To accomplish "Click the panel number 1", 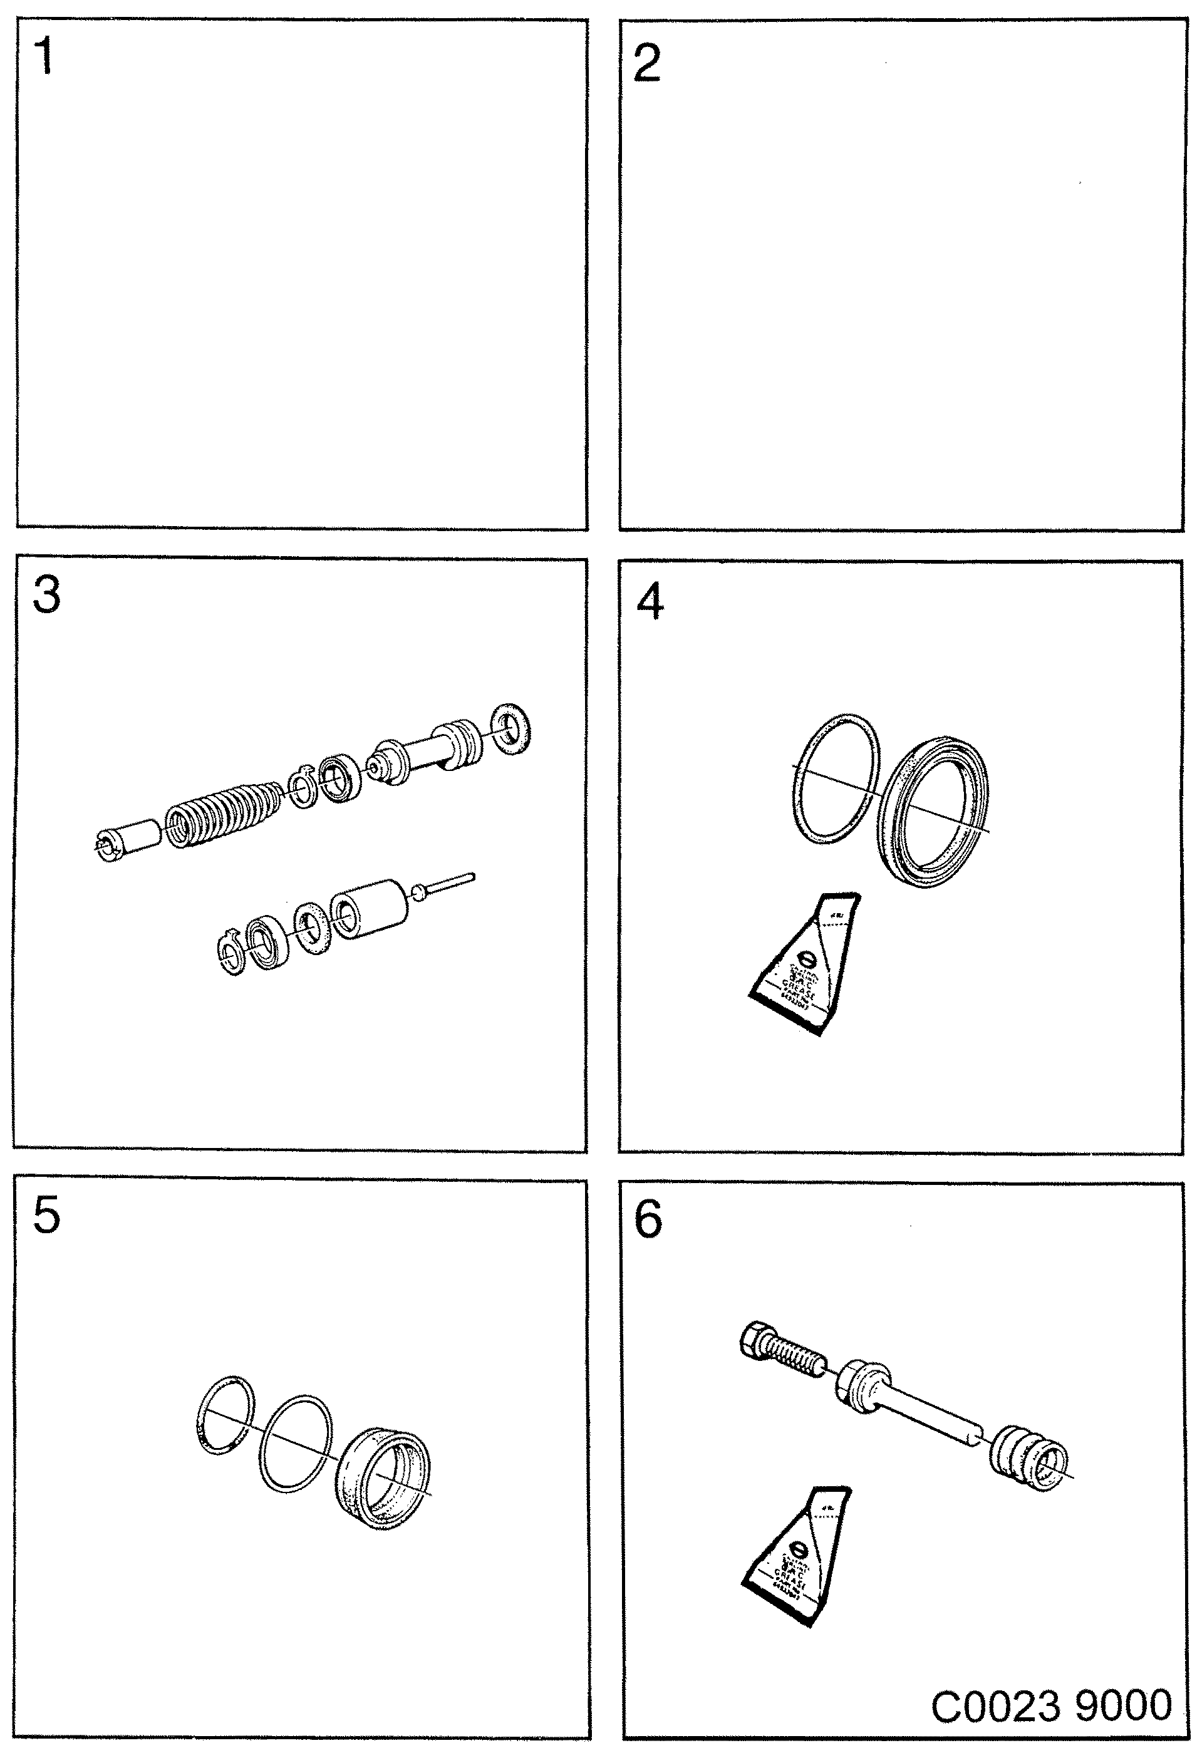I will pyautogui.click(x=44, y=56).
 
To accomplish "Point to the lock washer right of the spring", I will pyautogui.click(x=303, y=789).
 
